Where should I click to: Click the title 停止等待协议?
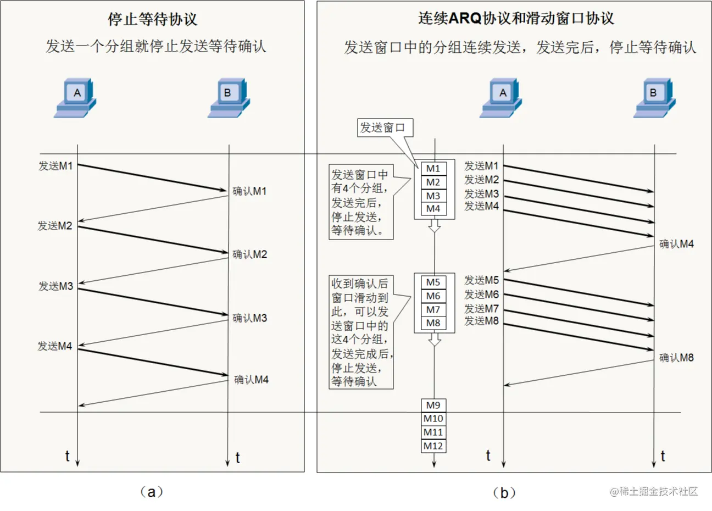point(152,19)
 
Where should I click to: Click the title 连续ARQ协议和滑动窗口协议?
point(516,19)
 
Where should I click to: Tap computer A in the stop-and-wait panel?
point(76,97)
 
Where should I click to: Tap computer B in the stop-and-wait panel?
point(228,97)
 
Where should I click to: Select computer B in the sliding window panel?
point(653,97)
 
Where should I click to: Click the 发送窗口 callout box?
point(382,128)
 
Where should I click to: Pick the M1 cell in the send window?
point(433,169)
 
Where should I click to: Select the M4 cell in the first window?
point(433,209)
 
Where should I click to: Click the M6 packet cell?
point(433,296)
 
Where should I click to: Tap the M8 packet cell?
point(433,323)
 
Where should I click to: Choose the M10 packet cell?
point(433,419)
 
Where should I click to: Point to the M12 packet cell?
point(433,446)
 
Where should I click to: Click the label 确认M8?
point(676,358)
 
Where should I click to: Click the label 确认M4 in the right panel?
point(676,244)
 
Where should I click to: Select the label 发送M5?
point(481,281)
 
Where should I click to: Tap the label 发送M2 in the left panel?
point(55,226)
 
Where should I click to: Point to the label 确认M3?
point(249,318)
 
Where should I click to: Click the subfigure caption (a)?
point(152,492)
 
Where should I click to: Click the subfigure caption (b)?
point(504,492)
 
